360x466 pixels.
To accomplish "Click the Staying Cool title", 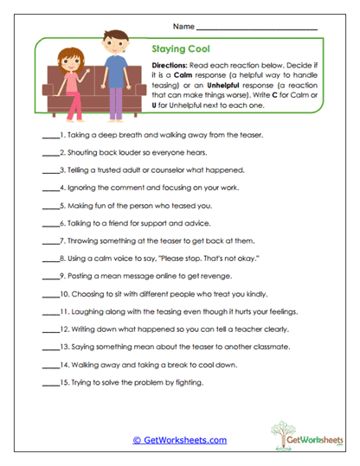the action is click(179, 50).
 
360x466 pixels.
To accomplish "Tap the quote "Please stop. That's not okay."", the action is click(198, 259).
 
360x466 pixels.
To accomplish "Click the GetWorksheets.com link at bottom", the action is click(179, 440).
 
